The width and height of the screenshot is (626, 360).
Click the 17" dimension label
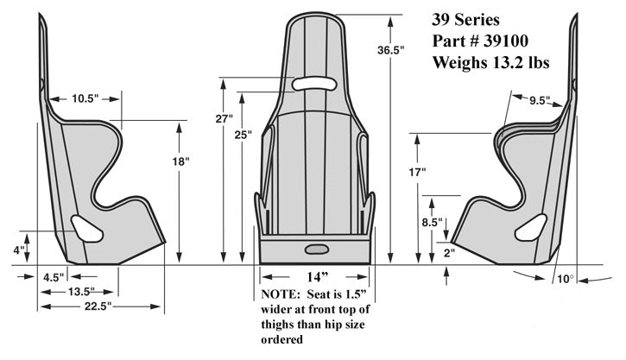coord(419,173)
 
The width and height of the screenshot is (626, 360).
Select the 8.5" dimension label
coord(433,222)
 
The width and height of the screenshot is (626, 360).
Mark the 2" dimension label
coord(448,254)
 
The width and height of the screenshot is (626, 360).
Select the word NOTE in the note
coord(279,294)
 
